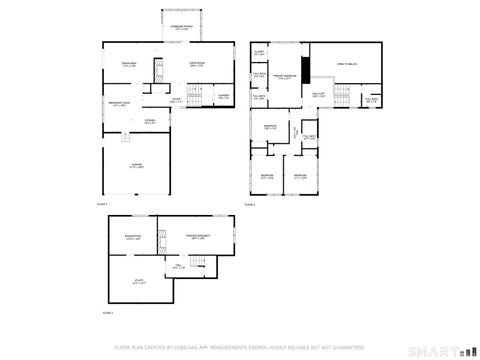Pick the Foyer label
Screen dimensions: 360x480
coord(176,100)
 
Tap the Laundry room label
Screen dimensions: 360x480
coord(223,96)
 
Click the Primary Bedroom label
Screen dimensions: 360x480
coord(286,76)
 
